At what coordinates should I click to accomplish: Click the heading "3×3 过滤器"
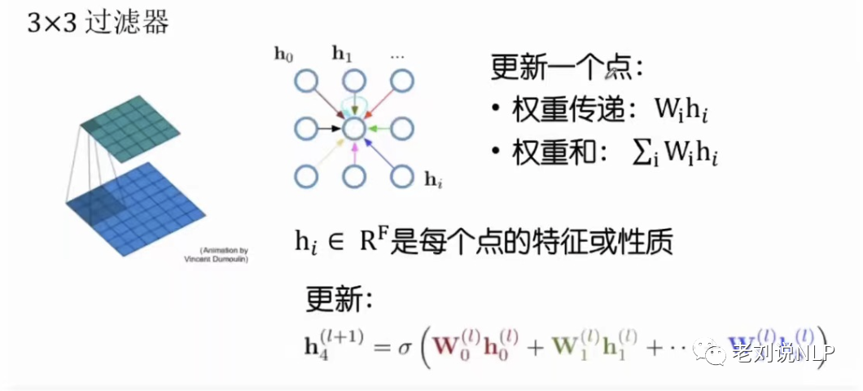click(x=99, y=23)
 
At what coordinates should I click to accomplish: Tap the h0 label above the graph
click(x=283, y=55)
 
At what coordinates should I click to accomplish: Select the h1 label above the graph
click(x=342, y=55)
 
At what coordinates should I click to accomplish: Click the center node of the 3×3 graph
click(x=353, y=128)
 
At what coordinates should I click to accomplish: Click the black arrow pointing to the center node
click(x=329, y=128)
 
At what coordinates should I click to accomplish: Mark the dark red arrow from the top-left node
click(x=328, y=103)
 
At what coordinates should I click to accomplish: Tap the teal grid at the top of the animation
click(x=130, y=122)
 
